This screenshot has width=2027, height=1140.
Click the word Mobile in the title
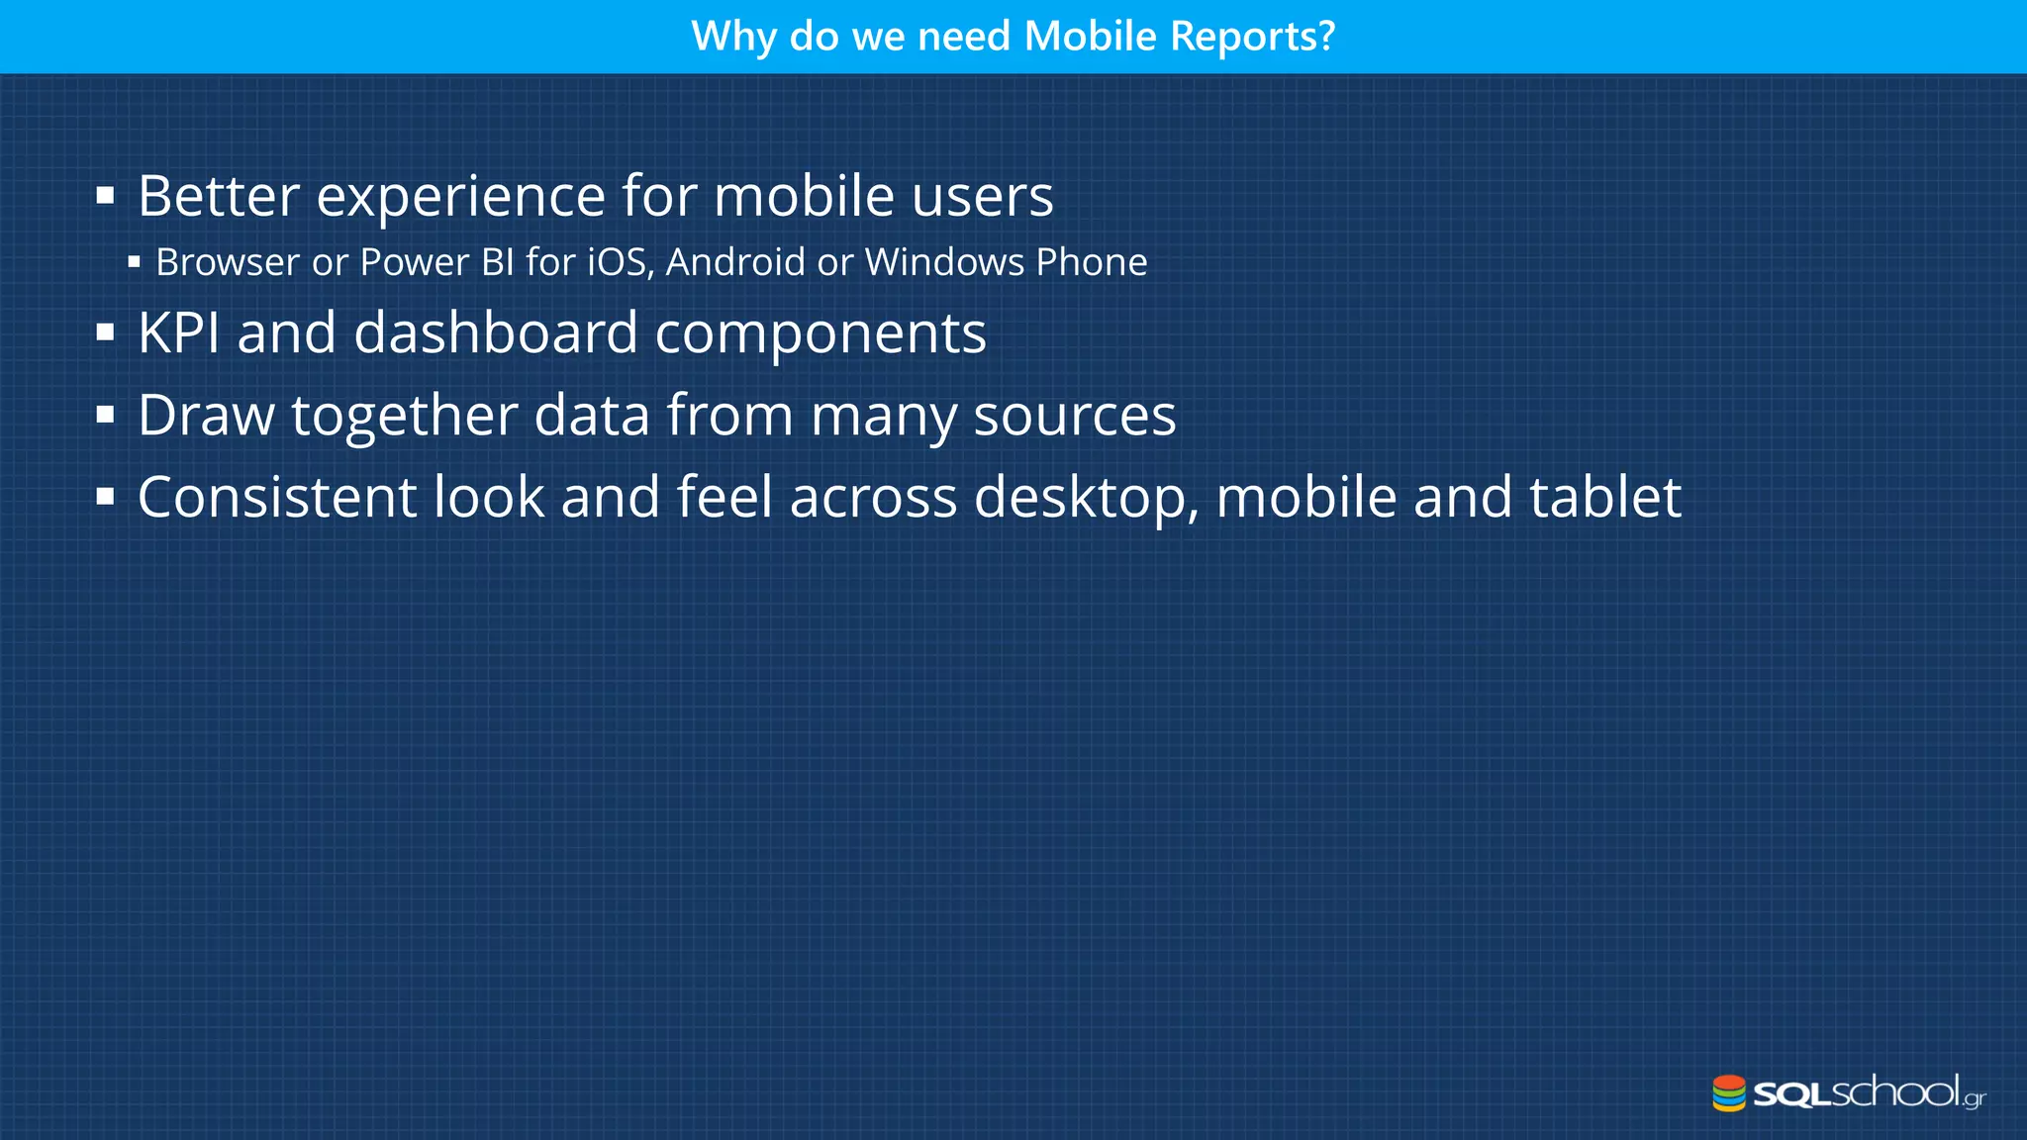pos(1090,37)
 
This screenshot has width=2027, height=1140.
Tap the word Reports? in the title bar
pos(1252,37)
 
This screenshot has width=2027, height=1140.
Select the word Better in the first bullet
pos(218,196)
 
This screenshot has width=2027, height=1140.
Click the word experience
pos(460,196)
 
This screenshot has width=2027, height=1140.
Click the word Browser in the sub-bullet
pos(228,262)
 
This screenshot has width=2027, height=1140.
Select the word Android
pos(735,262)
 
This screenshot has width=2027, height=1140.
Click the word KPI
pos(178,332)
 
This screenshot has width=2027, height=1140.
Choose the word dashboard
pos(495,332)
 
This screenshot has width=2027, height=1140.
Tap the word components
pos(820,334)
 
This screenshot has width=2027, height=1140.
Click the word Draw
pos(206,415)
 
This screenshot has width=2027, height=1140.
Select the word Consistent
pos(276,497)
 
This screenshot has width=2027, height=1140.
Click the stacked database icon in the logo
pos(1729,1093)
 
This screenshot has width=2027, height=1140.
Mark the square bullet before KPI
pos(106,332)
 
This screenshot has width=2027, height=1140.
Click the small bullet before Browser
pos(135,262)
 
